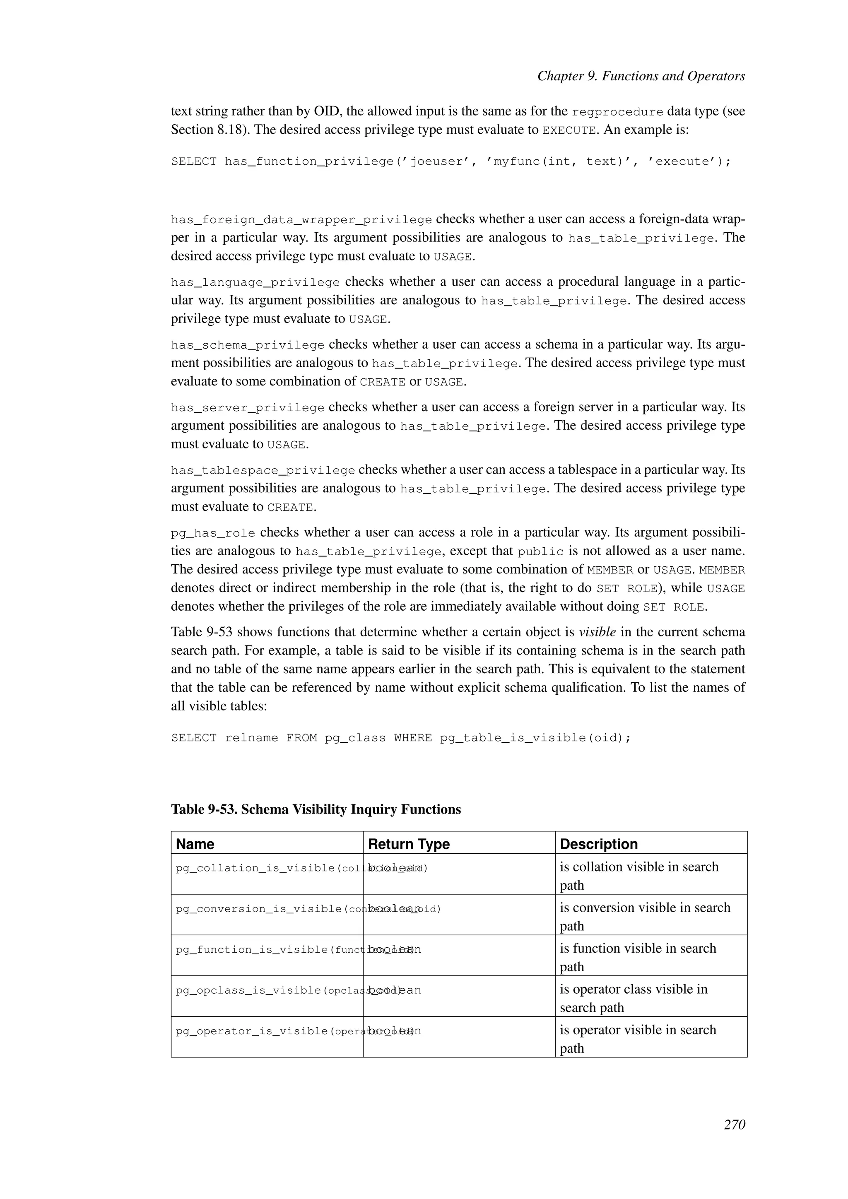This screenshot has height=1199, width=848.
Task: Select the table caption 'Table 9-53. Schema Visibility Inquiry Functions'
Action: (x=316, y=809)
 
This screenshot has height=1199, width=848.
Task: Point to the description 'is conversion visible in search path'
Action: (x=644, y=917)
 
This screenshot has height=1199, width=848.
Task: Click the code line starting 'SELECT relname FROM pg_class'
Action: (x=401, y=738)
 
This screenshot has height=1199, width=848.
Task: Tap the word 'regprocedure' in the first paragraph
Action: (x=617, y=112)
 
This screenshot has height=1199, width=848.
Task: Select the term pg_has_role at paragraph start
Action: (x=213, y=534)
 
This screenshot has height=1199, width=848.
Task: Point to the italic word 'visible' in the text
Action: (x=597, y=632)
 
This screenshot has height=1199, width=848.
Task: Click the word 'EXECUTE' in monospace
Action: (x=569, y=130)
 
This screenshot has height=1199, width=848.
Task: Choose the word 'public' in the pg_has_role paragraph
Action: (x=540, y=552)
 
